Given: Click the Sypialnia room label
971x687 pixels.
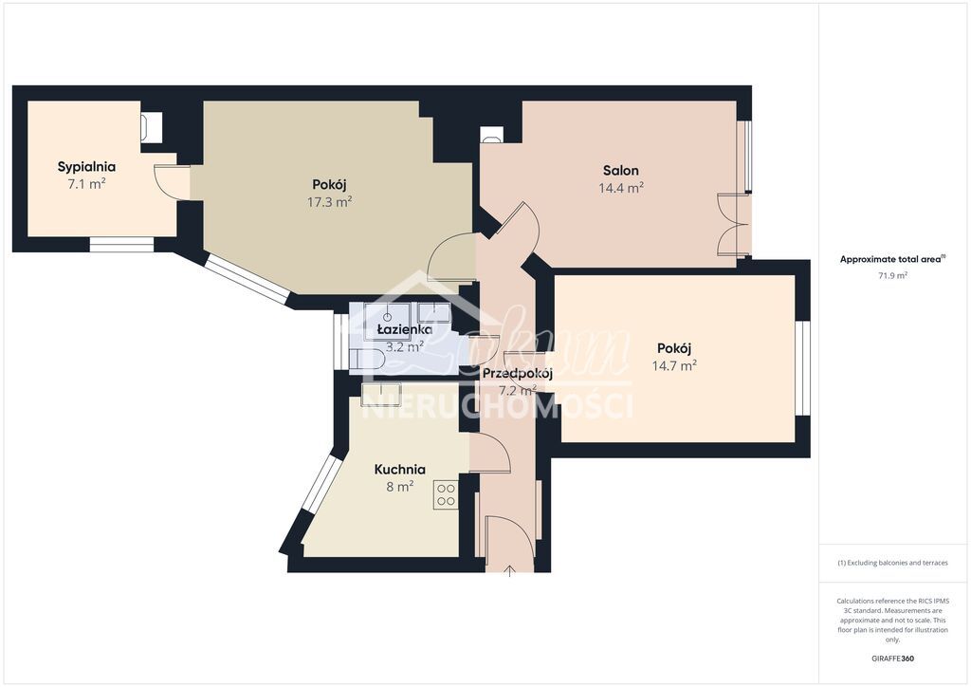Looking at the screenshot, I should tap(86, 167).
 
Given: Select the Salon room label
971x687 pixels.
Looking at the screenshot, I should tap(620, 171).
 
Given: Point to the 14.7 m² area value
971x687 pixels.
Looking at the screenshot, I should tap(674, 365).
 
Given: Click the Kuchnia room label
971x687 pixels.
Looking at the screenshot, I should tap(399, 469).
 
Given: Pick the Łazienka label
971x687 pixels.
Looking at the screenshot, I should tap(405, 329).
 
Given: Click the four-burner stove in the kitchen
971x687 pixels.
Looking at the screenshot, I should tap(446, 494).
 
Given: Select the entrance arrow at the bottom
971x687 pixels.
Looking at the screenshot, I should tap(510, 569).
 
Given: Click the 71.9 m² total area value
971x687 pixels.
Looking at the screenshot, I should tap(891, 275).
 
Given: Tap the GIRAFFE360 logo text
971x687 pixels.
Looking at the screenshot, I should tap(891, 659).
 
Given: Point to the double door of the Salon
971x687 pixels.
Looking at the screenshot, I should tap(733, 224).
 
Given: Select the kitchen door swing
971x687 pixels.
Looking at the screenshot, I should tap(491, 454).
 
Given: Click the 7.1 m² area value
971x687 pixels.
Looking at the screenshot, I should tap(86, 184).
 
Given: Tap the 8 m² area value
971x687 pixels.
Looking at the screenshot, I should tap(399, 487).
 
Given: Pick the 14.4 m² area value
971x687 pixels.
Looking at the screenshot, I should tap(621, 188).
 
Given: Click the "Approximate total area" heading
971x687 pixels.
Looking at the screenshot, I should tap(891, 259).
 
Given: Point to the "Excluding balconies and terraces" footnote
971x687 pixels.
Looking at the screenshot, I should tap(891, 563).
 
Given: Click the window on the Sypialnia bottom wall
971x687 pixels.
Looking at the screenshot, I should tap(121, 245).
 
